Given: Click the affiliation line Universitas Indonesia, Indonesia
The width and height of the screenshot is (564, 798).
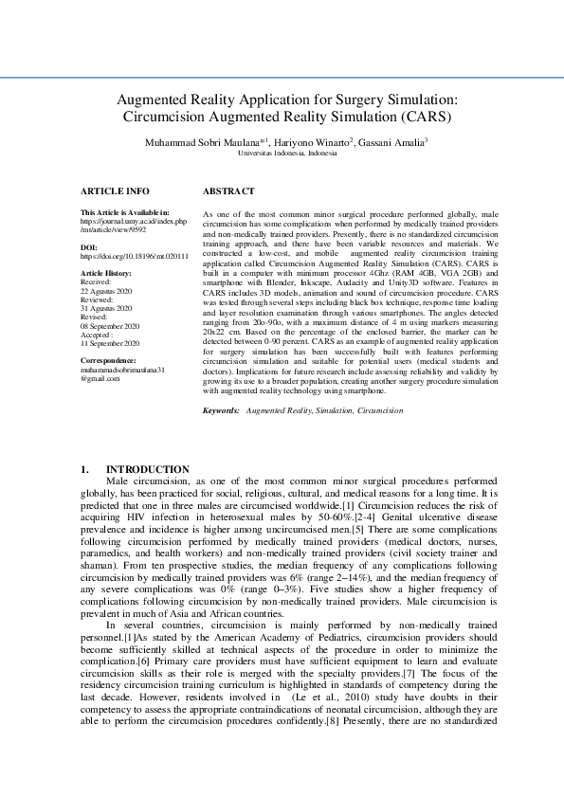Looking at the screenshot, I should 286,152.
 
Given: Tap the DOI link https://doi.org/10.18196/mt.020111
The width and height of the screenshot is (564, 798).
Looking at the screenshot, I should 135,256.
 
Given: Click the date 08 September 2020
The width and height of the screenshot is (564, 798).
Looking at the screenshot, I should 110,326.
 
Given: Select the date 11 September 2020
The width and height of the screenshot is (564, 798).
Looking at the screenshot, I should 110,344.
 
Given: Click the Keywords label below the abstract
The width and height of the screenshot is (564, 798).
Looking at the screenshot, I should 222,410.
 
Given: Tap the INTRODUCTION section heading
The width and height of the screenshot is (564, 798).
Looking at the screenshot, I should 147,469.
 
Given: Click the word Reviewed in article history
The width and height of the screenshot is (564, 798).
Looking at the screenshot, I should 98,299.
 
